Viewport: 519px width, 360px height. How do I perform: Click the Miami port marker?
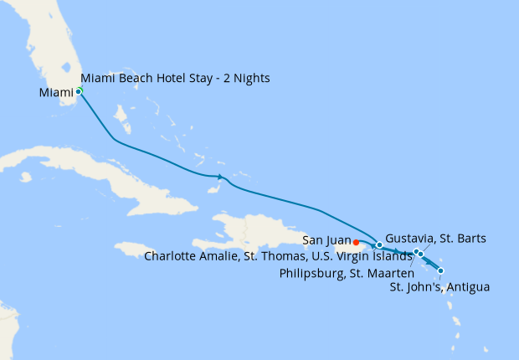pos(79,91)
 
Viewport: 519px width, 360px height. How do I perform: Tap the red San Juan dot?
pos(357,243)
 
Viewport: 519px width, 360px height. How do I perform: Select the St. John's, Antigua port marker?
pos(440,270)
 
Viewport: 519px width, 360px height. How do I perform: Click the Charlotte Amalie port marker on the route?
pos(379,245)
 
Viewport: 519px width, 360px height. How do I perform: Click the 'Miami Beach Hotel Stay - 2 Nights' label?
pos(176,79)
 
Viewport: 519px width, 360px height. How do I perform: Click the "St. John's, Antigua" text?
pos(440,287)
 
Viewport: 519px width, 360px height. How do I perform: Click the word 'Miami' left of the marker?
pos(55,92)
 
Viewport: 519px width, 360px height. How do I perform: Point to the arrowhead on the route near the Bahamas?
pos(222,177)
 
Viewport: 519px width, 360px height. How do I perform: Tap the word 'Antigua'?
pos(468,287)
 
